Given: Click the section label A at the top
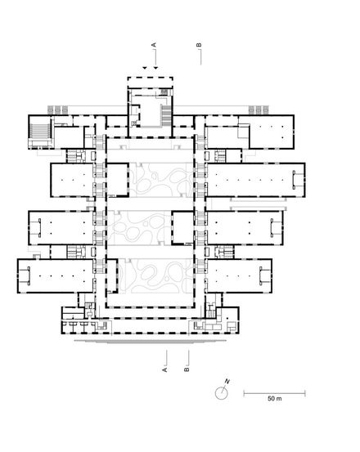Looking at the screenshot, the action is pyautogui.click(x=154, y=45).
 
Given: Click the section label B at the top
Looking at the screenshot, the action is pyautogui.click(x=199, y=45).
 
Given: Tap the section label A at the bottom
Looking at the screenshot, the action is pyautogui.click(x=164, y=369).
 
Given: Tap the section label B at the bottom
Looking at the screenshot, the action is pyautogui.click(x=187, y=369).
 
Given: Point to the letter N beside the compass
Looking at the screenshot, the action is pyautogui.click(x=227, y=382).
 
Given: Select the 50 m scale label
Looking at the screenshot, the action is pyautogui.click(x=275, y=399).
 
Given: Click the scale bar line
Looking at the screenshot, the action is pyautogui.click(x=274, y=392).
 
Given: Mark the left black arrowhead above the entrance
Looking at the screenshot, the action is pyautogui.click(x=145, y=68).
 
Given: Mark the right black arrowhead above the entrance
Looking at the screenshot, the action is pyautogui.click(x=155, y=68).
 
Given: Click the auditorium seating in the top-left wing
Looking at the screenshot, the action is pyautogui.click(x=40, y=131).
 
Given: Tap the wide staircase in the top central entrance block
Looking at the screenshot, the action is pyautogui.click(x=166, y=115).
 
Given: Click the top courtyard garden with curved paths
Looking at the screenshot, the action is pyautogui.click(x=160, y=180).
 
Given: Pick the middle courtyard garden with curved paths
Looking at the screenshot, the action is pyautogui.click(x=139, y=228).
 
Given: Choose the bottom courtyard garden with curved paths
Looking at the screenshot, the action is pyautogui.click(x=155, y=276).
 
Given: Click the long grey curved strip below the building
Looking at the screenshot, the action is pyautogui.click(x=150, y=342).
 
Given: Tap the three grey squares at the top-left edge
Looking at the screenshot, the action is pyautogui.click(x=58, y=110).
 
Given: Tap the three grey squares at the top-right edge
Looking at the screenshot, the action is pyautogui.click(x=259, y=110).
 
